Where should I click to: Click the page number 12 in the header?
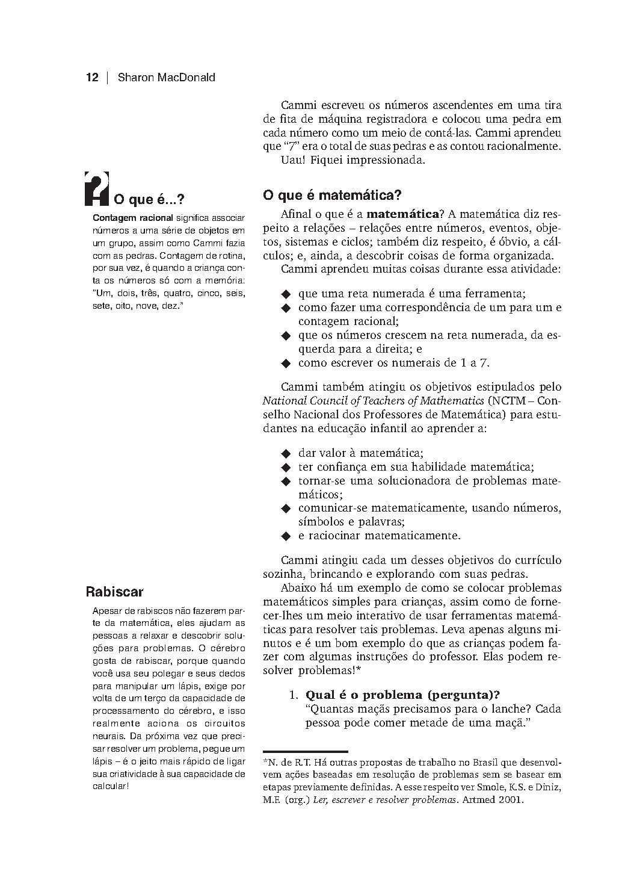92,78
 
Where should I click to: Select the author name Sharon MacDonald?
166,78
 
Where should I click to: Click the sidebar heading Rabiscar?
115,592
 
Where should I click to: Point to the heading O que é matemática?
332,196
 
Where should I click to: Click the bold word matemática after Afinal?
402,214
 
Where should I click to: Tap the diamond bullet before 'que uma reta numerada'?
286,294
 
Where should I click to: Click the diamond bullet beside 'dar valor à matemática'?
286,453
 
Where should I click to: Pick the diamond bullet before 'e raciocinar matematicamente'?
286,536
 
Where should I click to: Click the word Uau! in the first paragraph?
292,161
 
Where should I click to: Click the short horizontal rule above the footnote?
306,752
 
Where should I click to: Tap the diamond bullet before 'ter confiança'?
286,467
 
